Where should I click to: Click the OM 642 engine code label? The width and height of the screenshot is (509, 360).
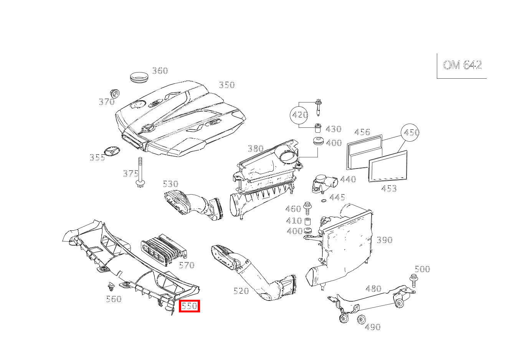[x=462, y=65]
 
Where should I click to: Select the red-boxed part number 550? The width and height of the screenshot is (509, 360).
[x=189, y=306]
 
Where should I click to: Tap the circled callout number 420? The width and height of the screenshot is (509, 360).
[x=300, y=115]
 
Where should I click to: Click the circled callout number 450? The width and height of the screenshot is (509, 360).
[x=410, y=132]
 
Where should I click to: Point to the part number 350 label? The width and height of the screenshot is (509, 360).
[x=227, y=85]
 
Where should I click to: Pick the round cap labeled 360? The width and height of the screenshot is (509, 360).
[x=139, y=77]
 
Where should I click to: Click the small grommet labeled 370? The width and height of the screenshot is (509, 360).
[x=115, y=94]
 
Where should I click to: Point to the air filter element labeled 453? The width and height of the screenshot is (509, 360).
[x=388, y=166]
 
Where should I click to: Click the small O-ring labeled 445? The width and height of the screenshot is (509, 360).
[x=324, y=200]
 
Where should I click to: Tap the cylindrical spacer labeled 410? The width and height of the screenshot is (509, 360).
[x=307, y=221]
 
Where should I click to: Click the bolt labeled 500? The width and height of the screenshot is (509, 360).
[x=413, y=281]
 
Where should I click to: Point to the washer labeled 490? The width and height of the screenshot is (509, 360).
[x=361, y=319]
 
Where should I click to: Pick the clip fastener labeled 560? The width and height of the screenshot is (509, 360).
[x=111, y=287]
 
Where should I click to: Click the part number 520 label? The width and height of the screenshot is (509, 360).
[x=241, y=291]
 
